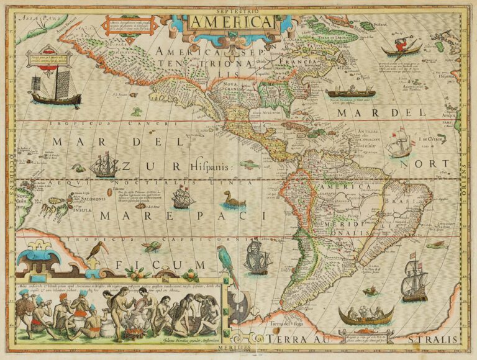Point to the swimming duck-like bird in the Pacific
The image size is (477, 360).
[x=234, y=200]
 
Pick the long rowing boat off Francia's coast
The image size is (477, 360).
[x=351, y=91]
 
